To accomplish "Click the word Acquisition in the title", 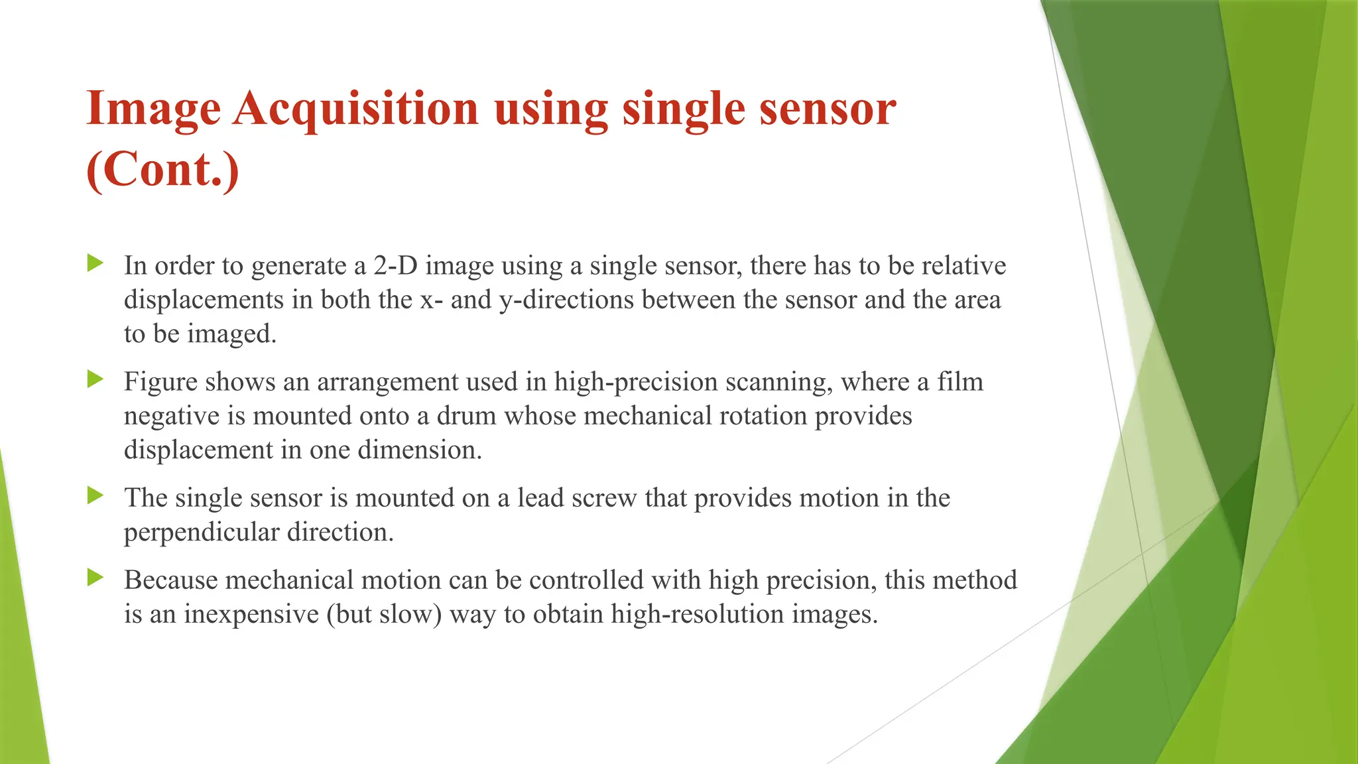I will click(x=355, y=109).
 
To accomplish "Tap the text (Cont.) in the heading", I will click(x=162, y=170).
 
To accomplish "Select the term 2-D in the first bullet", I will click(x=396, y=266).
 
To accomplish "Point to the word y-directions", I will click(x=566, y=300).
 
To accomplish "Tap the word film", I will click(x=959, y=382).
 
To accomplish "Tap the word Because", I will click(x=170, y=580).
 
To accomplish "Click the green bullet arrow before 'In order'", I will click(x=95, y=263).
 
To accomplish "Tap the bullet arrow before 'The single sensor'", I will click(x=95, y=495).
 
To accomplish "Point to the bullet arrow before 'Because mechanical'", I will click(x=95, y=578).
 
